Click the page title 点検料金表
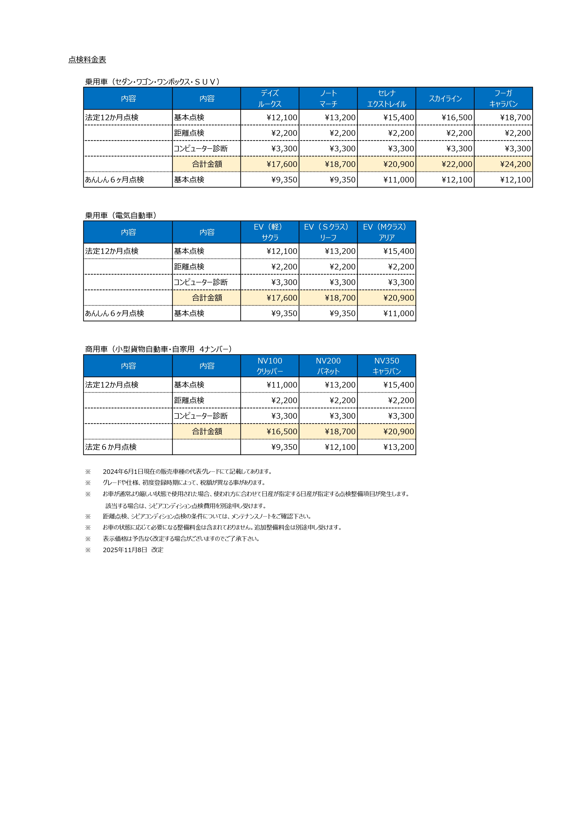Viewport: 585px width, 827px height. (87, 60)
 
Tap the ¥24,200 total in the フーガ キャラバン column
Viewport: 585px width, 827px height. (515, 164)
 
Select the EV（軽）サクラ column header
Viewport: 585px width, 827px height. (270, 232)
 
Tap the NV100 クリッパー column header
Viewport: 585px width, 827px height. (270, 366)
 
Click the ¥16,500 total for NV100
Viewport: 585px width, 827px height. (282, 431)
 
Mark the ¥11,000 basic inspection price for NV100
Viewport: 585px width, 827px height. (282, 385)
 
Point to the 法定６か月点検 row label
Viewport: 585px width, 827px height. (111, 447)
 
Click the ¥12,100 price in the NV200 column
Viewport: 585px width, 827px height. (340, 447)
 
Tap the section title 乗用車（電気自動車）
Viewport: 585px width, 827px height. (121, 215)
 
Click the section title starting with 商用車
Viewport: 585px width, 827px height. (159, 349)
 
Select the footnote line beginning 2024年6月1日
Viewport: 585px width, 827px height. (188, 471)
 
